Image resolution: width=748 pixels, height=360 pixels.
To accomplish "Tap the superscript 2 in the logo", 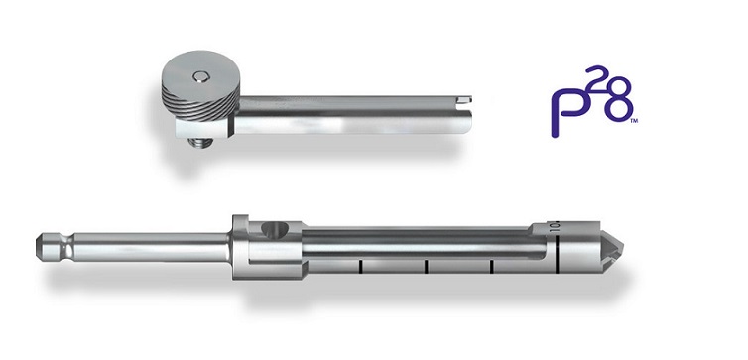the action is tap(594, 76).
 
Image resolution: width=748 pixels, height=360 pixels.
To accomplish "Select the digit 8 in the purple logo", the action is tap(618, 99).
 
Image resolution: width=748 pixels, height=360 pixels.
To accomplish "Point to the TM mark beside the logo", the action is tap(634, 122).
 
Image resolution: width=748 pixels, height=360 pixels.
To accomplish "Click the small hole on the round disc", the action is tap(200, 76).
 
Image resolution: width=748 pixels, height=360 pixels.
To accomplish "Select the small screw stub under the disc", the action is tap(199, 142).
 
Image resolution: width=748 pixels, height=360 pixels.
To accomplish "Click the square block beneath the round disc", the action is tap(205, 128).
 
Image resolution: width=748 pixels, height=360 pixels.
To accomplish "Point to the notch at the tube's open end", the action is tap(464, 99).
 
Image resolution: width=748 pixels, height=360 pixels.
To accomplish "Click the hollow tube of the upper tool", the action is tap(353, 115).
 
